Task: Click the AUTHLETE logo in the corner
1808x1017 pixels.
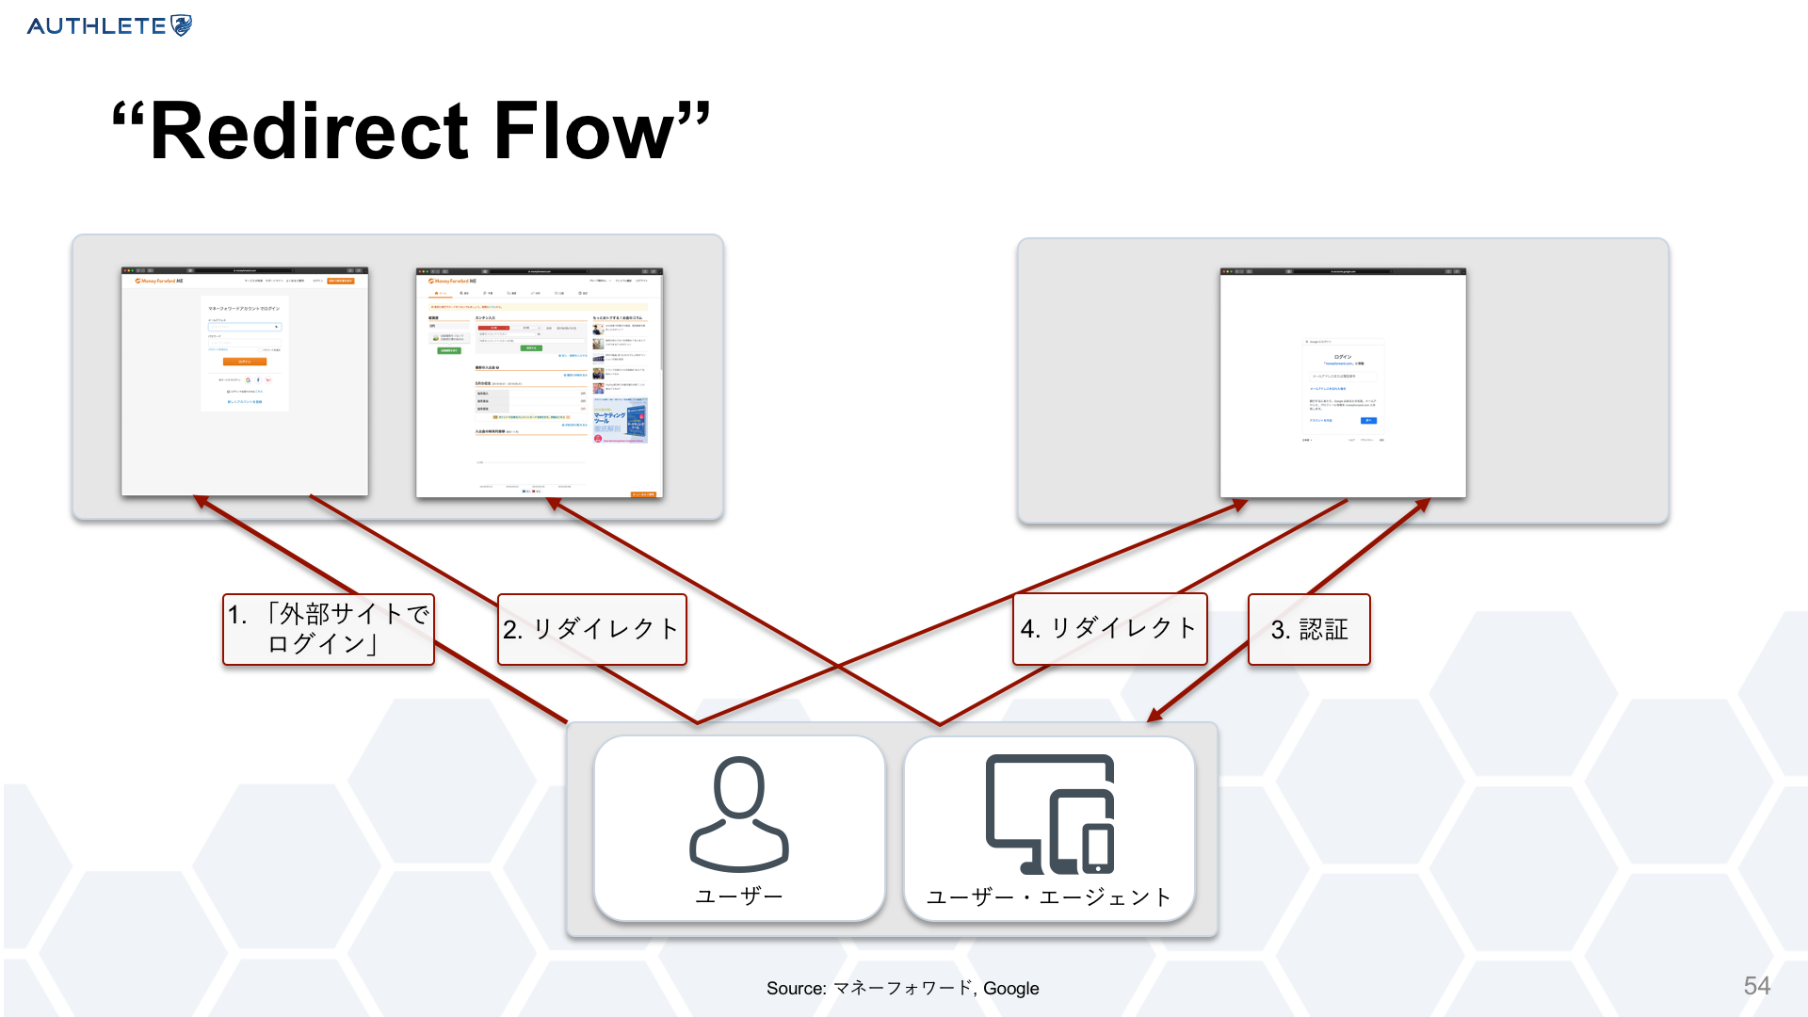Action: (109, 25)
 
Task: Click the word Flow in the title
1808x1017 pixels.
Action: (584, 132)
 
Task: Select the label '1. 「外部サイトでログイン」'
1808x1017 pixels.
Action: (329, 629)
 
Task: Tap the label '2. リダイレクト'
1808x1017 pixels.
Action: (591, 629)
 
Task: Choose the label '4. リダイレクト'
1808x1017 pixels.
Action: (1109, 629)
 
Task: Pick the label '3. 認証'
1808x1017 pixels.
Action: (1309, 629)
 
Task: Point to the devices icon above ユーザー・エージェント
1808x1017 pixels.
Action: (1049, 815)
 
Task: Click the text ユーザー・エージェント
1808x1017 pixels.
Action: (1049, 897)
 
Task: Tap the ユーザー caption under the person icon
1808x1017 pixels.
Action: (739, 896)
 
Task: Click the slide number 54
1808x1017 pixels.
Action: (1756, 986)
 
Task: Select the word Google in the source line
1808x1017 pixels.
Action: (1011, 989)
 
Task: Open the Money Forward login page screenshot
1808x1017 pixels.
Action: (245, 381)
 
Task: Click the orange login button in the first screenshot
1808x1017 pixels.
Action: (245, 362)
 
